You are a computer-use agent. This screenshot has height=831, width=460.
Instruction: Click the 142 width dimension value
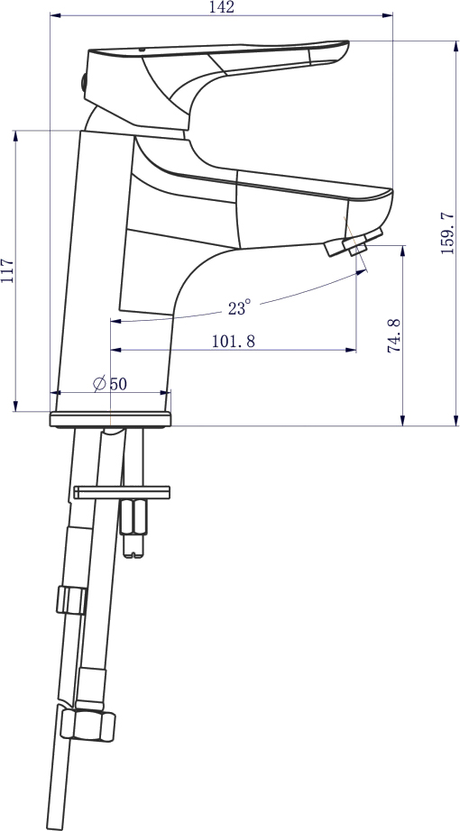click(x=221, y=7)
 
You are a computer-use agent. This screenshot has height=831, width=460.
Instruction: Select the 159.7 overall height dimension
click(x=447, y=233)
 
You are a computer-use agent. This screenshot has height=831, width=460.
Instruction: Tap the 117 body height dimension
click(x=7, y=270)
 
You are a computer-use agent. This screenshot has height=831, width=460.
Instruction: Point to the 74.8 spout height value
click(x=394, y=335)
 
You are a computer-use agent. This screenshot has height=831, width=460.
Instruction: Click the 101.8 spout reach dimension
click(x=234, y=342)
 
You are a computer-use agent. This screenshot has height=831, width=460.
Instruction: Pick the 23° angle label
click(x=239, y=306)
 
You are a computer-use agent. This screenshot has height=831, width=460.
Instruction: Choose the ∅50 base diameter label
click(x=110, y=383)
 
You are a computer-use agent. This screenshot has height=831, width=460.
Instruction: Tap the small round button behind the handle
click(x=83, y=82)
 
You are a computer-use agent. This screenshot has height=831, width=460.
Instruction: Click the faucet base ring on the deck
click(x=110, y=419)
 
